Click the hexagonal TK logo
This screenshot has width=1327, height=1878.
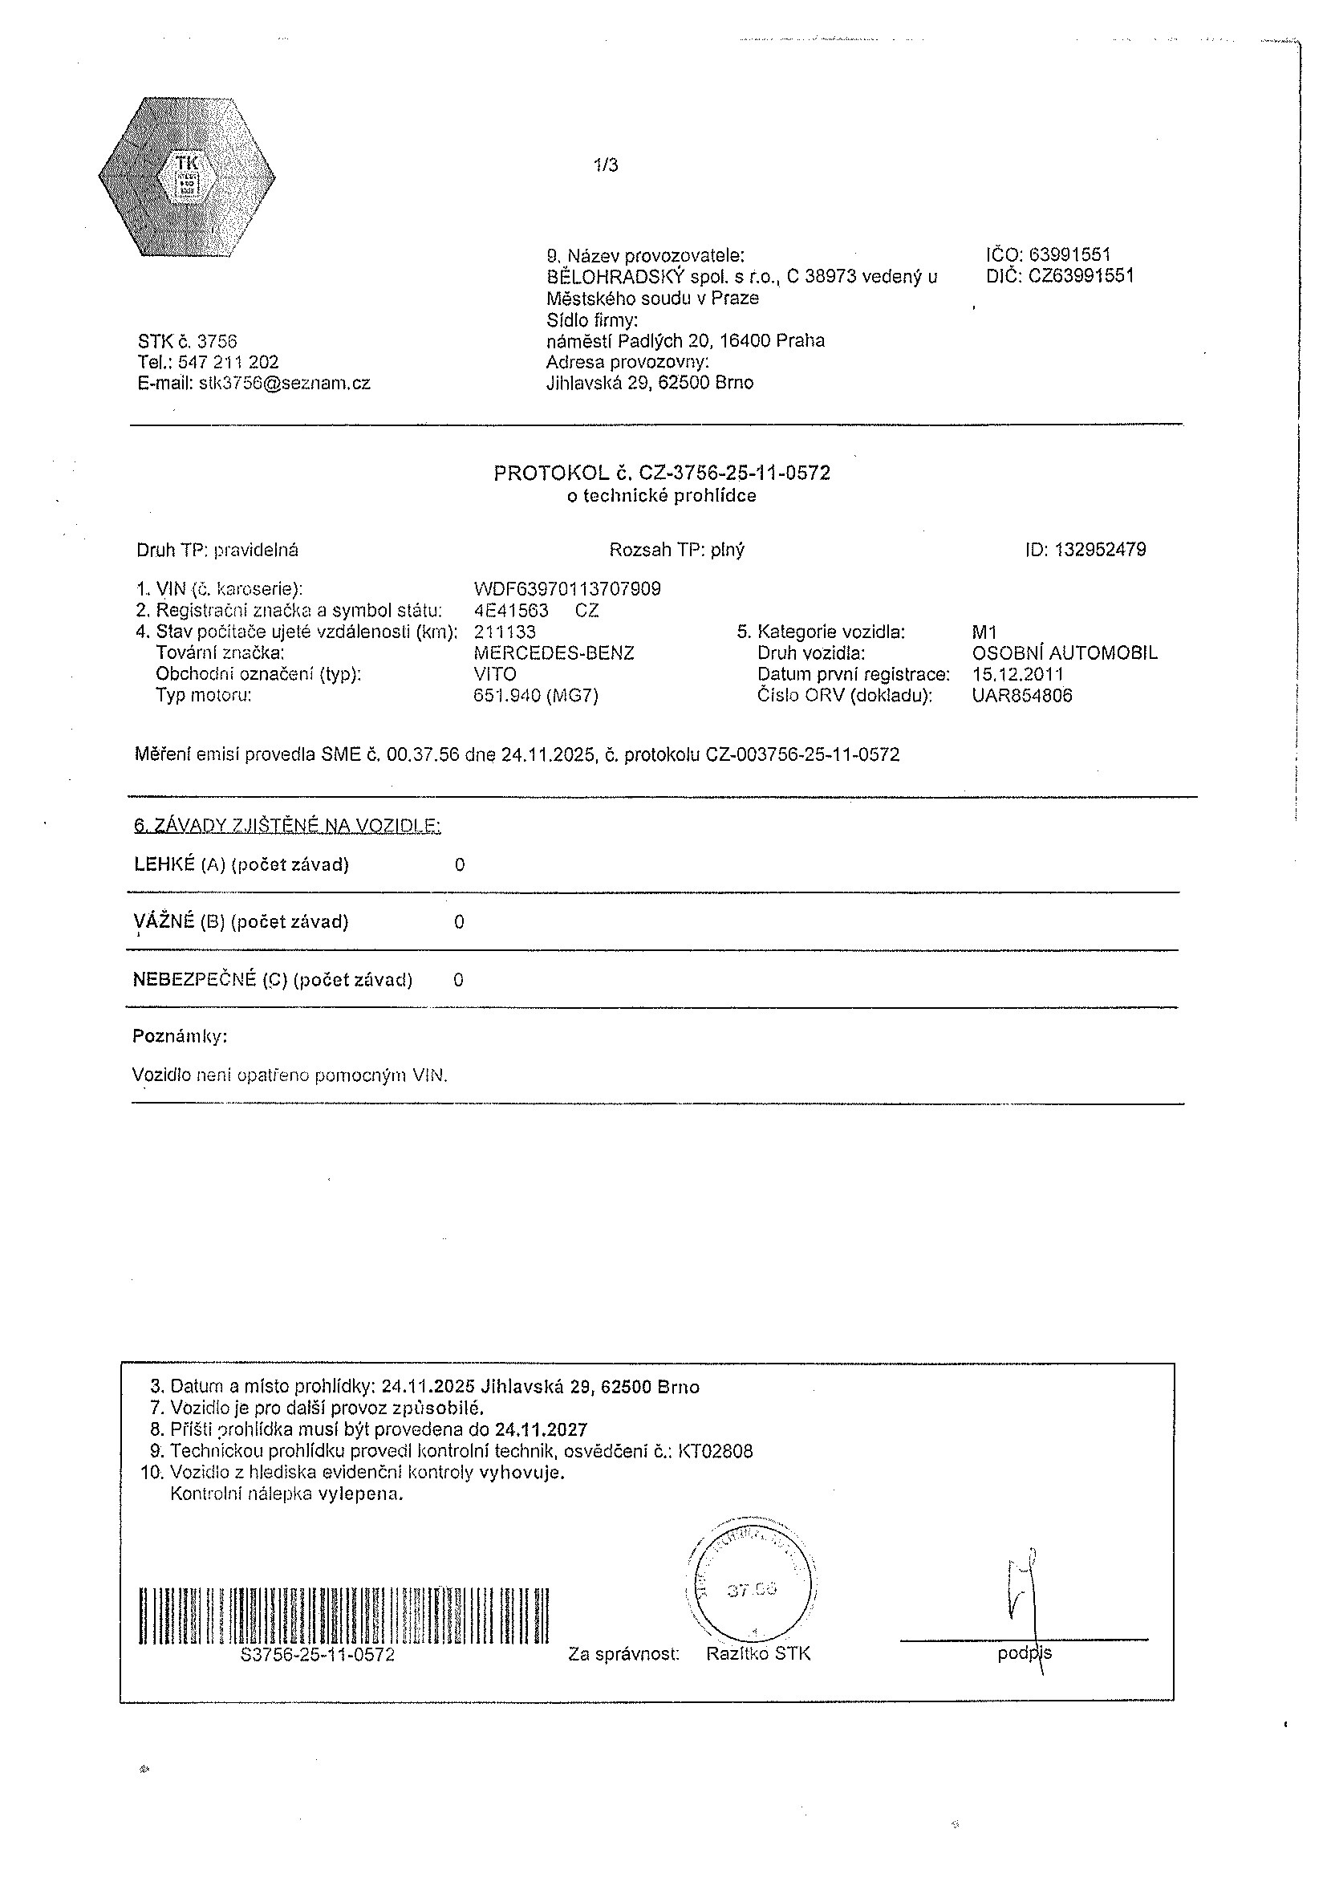click(187, 177)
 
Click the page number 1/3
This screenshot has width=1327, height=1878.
click(606, 165)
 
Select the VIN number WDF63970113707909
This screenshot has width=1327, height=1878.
click(567, 589)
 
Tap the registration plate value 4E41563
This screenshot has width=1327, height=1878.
click(511, 610)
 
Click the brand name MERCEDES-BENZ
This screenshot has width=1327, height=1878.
click(554, 652)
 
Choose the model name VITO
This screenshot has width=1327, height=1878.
click(495, 674)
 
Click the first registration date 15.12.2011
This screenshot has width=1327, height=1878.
click(1018, 674)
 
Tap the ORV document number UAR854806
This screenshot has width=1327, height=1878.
click(1022, 695)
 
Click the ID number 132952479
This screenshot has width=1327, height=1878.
click(1101, 550)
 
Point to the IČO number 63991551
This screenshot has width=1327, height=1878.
click(1070, 255)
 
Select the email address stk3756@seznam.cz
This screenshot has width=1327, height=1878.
click(285, 383)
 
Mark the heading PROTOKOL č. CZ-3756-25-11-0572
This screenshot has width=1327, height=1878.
click(661, 473)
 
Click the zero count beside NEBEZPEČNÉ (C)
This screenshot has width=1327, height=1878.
click(458, 980)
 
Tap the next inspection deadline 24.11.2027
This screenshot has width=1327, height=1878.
click(541, 1429)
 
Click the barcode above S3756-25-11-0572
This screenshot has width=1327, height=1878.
click(343, 1616)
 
